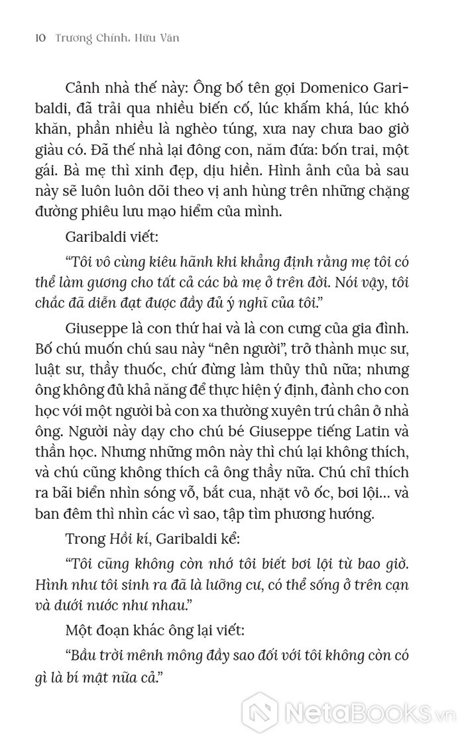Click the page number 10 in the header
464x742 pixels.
click(x=37, y=39)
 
